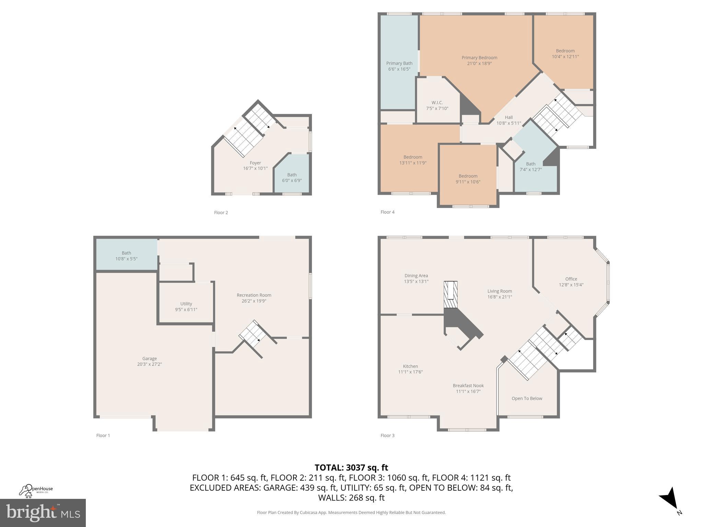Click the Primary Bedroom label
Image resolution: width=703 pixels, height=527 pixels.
pos(479,58)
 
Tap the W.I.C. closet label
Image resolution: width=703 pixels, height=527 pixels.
pos(437,103)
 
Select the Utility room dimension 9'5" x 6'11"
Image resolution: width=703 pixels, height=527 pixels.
pos(186,309)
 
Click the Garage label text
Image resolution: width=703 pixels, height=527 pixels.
pos(149,359)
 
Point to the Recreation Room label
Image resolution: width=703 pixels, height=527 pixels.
pos(254,295)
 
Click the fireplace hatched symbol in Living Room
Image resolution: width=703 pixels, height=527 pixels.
pos(450,294)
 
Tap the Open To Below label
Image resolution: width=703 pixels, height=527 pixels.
pos(527,398)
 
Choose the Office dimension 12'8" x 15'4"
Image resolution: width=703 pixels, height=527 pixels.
pos(571,285)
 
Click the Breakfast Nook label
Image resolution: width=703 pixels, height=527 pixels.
pos(468,386)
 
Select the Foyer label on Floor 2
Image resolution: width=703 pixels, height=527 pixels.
pos(255,163)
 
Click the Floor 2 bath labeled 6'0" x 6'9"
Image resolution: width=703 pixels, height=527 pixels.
pos(292,178)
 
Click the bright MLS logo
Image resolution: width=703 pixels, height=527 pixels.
pos(43,513)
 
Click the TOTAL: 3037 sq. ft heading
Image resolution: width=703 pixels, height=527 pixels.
pos(351,467)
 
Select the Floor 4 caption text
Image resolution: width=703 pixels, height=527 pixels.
pos(387,212)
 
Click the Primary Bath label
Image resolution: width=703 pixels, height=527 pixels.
pos(399,63)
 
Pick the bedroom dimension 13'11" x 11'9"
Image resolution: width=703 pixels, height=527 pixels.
pos(413,163)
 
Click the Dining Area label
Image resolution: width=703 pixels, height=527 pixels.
pos(416,276)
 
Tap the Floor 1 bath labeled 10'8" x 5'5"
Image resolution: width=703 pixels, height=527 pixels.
pos(126,256)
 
